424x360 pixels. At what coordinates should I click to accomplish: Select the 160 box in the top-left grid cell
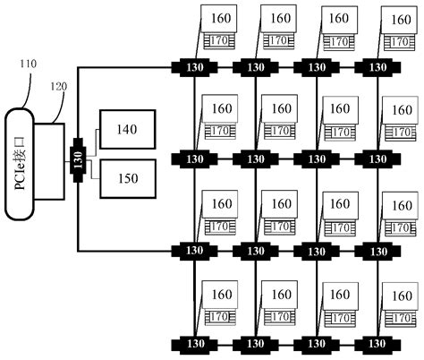click(220, 18)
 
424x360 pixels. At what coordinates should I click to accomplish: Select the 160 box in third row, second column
click(280, 203)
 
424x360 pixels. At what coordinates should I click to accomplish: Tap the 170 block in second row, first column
click(218, 133)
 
